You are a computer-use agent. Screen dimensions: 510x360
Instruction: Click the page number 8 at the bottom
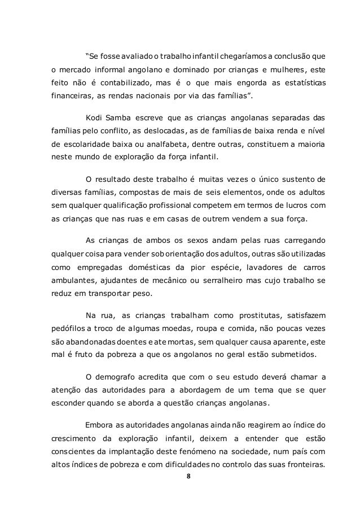coord(188,476)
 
